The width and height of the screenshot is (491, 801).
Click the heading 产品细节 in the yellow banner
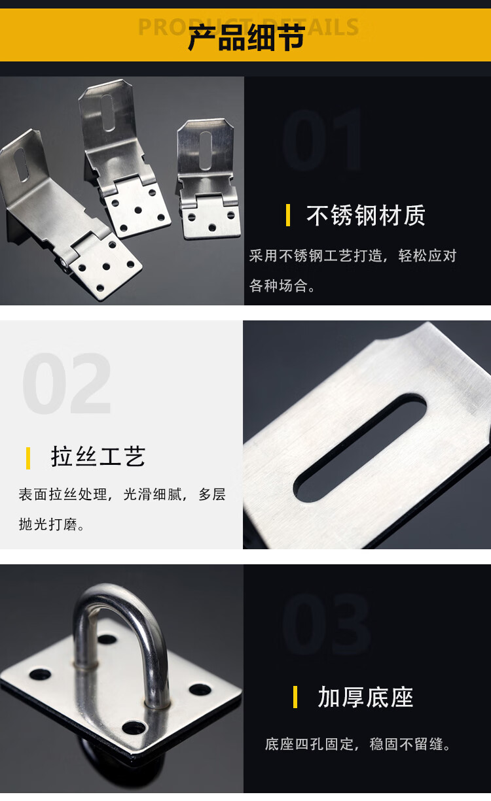246,37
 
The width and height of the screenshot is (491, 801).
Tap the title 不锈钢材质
366,215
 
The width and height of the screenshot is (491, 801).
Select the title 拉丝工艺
98,456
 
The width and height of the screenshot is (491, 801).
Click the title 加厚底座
366,697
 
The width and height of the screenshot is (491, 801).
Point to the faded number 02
67,383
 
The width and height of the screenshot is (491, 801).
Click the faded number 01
321,140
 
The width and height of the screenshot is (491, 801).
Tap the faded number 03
325,623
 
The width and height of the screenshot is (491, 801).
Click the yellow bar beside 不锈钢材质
288,215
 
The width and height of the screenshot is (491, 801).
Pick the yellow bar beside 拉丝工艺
28,458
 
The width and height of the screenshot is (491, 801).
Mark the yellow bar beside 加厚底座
295,697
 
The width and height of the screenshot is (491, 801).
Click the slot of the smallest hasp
205,150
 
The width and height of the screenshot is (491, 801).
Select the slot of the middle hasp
108,112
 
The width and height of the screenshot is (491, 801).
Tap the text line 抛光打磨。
52,524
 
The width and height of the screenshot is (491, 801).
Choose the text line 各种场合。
282,285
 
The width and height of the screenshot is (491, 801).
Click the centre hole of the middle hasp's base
138,210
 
